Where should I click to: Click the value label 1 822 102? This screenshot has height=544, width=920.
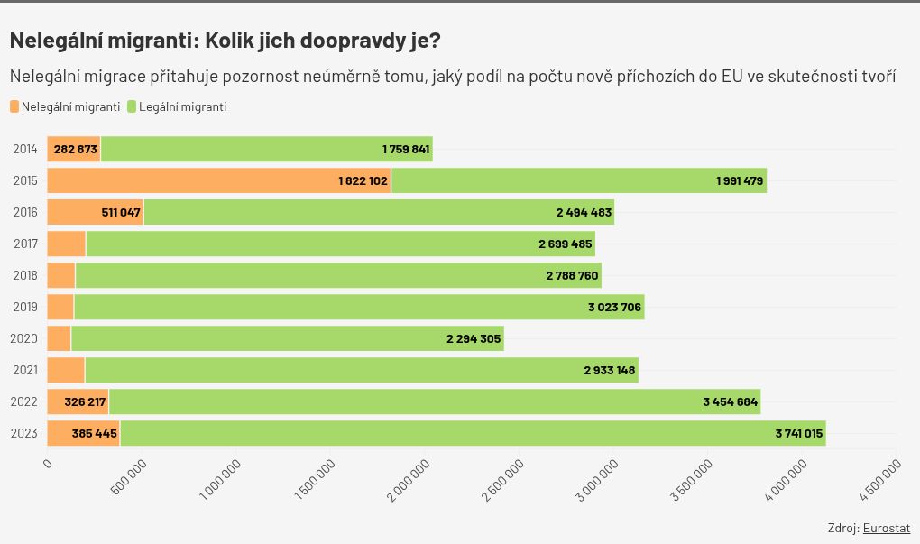(x=363, y=180)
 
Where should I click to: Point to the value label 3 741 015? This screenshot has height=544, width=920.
(x=798, y=433)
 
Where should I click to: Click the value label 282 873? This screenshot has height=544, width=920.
(x=75, y=149)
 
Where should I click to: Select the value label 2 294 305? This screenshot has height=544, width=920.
(x=474, y=338)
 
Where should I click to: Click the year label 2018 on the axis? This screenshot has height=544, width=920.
(x=25, y=275)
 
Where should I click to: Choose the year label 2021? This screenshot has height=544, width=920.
(x=25, y=370)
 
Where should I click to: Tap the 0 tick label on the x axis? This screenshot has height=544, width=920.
(x=48, y=463)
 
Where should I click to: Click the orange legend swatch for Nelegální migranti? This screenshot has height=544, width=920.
(x=14, y=106)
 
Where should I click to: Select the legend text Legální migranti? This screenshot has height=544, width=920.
(x=182, y=106)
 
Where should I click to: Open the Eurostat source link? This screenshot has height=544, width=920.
(x=886, y=528)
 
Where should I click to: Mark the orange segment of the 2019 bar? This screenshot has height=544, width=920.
(x=60, y=307)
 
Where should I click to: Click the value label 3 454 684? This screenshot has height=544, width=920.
(x=730, y=401)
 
